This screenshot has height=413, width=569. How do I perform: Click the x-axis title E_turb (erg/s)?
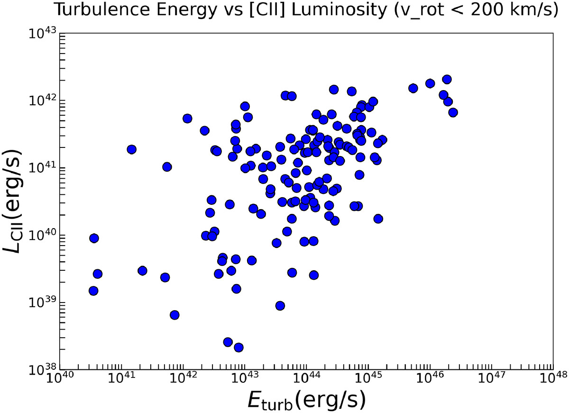306,400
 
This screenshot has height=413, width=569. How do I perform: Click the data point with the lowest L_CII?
239,348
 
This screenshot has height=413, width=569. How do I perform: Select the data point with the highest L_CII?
447,79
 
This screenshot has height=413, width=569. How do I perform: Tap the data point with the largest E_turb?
453,112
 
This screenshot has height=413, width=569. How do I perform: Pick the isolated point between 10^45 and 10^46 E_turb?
413,88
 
